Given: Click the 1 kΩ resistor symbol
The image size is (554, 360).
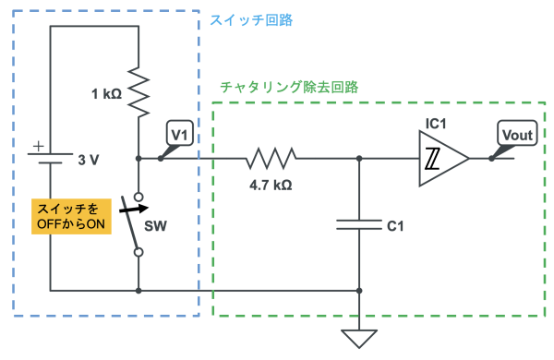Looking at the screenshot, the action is [138, 92].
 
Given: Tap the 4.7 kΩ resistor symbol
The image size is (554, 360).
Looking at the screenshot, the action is [271, 158].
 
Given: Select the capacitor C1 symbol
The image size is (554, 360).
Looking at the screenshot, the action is [359, 224].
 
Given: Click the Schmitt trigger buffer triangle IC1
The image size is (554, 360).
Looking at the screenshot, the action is [444, 158].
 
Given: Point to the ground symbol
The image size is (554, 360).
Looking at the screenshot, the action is [359, 339].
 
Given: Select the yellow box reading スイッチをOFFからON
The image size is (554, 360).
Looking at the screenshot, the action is [71, 216].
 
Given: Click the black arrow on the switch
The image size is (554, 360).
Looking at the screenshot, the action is [134, 210].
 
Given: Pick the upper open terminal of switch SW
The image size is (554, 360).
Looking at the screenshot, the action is [138, 197].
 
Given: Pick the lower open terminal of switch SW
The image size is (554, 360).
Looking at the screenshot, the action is [138, 252].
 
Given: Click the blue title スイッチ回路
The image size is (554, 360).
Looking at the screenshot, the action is [251, 19].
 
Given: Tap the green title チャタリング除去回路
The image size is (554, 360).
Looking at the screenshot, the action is [289, 87].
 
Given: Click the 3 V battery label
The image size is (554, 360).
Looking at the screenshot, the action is [89, 160].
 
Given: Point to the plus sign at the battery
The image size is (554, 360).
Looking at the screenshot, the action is [38, 146].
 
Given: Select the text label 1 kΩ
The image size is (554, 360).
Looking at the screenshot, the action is [106, 94].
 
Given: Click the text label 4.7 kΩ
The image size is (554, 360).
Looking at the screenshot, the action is [271, 186].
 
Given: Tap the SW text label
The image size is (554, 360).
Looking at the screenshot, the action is [155, 226].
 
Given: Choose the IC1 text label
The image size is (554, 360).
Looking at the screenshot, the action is [436, 124].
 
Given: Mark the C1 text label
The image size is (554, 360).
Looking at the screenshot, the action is [395, 226].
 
